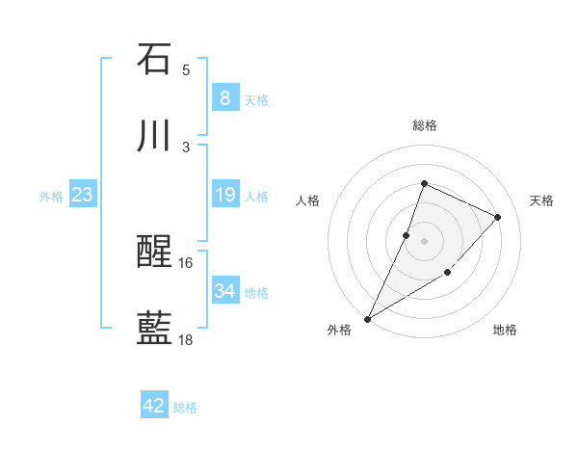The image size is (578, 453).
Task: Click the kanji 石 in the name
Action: tap(154, 59)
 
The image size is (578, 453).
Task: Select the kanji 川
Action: tap(154, 136)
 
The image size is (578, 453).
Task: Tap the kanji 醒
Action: tap(154, 252)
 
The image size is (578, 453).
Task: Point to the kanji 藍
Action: tap(154, 329)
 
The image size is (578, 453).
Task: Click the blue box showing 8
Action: tap(224, 97)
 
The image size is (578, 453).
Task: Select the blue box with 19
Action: tap(224, 195)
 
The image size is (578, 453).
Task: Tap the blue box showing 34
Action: tap(224, 291)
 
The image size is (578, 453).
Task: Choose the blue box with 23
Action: tap(82, 195)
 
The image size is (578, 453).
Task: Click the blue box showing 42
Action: tap(154, 406)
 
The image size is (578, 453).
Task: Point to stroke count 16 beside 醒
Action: tap(186, 262)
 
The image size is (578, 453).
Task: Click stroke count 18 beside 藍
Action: tap(186, 339)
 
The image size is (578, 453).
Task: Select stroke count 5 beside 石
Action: tap(186, 69)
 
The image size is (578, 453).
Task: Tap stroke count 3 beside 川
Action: tap(186, 147)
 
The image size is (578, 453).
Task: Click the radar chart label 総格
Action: tap(424, 125)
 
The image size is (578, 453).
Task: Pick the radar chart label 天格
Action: tap(541, 200)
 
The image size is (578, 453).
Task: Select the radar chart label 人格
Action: tap(307, 200)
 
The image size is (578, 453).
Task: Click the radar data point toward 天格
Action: tap(498, 217)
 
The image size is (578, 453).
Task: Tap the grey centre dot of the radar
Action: tap(424, 240)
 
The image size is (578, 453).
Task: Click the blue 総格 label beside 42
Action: tap(185, 408)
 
